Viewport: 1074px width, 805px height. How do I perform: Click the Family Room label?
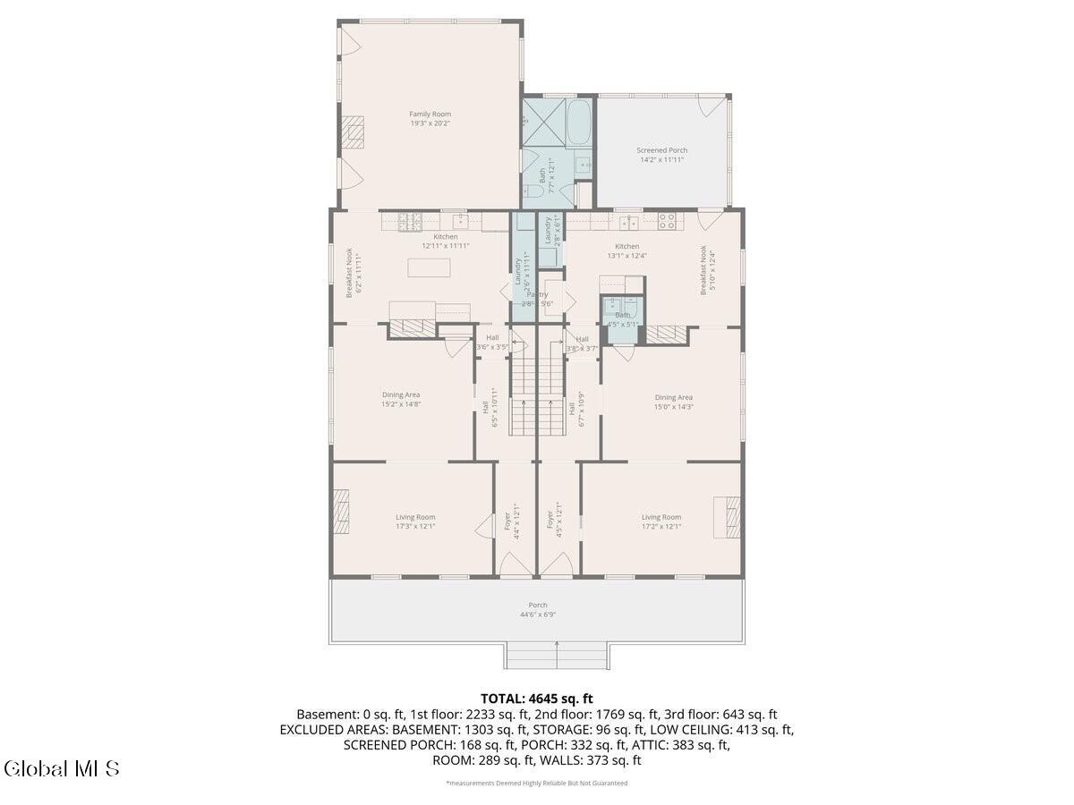click(x=430, y=119)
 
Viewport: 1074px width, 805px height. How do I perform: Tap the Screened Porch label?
click(x=661, y=155)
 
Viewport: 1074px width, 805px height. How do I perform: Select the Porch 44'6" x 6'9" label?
click(x=537, y=610)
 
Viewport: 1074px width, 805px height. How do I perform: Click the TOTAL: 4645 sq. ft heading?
click(x=537, y=699)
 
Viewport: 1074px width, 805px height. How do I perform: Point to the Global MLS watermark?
click(x=62, y=768)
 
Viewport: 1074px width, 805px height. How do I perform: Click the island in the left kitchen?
click(x=429, y=267)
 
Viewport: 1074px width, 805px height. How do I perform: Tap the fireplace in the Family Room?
click(x=356, y=132)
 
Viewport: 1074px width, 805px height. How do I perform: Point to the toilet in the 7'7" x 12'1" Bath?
click(x=530, y=192)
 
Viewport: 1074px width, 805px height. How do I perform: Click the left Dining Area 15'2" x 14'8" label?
click(x=401, y=400)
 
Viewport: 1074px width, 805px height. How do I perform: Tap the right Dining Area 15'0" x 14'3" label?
click(x=673, y=402)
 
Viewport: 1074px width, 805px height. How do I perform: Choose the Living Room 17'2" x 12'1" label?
click(x=661, y=521)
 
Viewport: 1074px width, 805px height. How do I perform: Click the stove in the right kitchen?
click(x=667, y=220)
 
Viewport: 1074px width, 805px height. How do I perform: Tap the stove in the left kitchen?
click(x=409, y=220)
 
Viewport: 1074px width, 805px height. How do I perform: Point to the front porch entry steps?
click(x=557, y=656)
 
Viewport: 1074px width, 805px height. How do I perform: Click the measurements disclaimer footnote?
click(x=537, y=783)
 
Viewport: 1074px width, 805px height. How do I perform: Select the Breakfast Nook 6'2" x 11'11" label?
click(x=353, y=273)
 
